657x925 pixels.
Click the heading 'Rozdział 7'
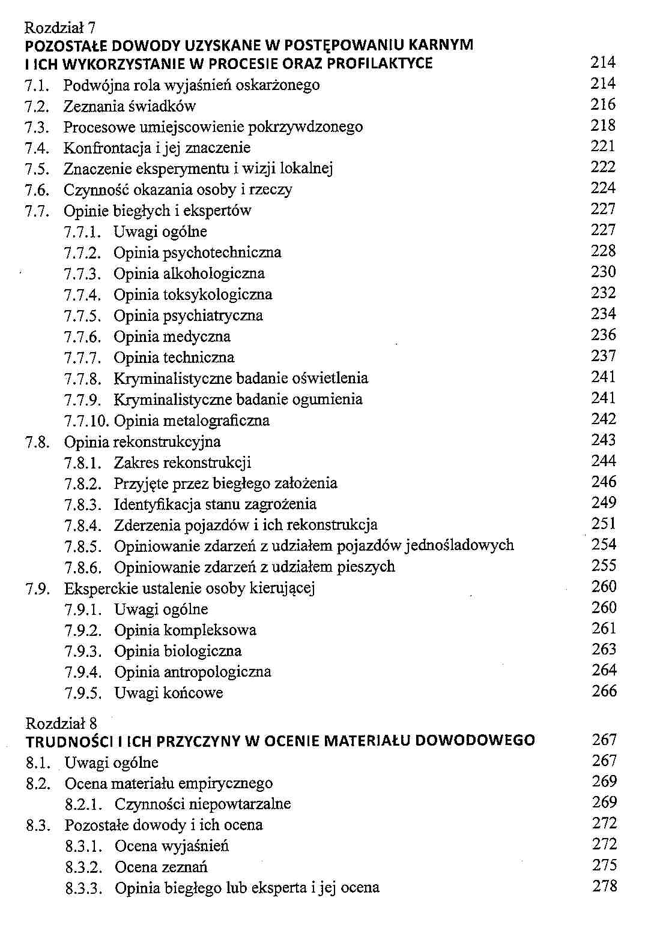(x=60, y=28)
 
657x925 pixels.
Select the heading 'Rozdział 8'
(x=61, y=723)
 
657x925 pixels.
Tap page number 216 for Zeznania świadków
(x=603, y=105)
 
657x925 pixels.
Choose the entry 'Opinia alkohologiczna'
(x=189, y=274)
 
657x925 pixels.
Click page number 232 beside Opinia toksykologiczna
(x=603, y=293)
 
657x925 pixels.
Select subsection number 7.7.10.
(x=86, y=421)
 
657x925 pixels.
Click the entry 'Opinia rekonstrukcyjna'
(x=142, y=442)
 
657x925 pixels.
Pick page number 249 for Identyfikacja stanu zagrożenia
(x=604, y=503)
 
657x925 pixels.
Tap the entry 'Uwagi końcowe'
(x=169, y=693)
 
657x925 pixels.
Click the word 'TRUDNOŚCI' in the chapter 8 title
(x=68, y=741)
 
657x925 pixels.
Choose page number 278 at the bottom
(x=604, y=886)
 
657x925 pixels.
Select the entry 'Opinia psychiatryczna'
(x=188, y=316)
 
